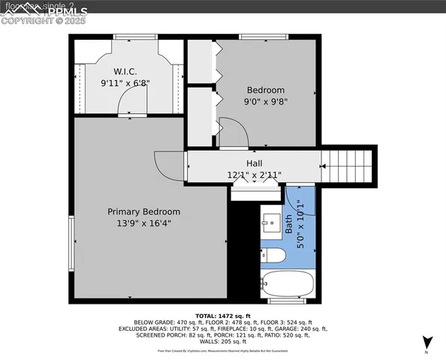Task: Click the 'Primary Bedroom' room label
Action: pos(143,211)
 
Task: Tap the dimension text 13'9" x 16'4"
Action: pos(143,223)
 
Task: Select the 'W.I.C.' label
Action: pos(124,71)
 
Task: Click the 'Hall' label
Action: pos(255,163)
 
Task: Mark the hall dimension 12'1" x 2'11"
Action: pos(255,175)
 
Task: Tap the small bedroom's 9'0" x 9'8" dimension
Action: pos(267,101)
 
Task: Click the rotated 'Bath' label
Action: pos(288,224)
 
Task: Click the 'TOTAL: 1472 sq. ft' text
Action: pos(223,316)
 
